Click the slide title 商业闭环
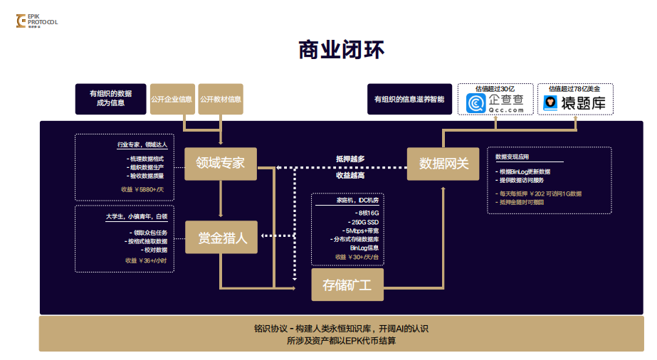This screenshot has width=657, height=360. tap(342, 50)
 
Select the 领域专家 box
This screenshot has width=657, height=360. tap(221, 163)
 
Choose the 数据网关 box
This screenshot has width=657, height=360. tap(444, 164)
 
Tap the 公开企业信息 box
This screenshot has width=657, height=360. tap(171, 99)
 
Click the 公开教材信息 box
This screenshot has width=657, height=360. tap(220, 99)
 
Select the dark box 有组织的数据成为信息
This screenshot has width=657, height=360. tap(110, 99)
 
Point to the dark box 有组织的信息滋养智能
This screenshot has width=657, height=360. tap(409, 99)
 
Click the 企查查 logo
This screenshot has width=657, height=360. tap(495, 104)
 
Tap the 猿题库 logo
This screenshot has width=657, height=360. tap(575, 104)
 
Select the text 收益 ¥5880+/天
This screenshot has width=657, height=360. tap(142, 189)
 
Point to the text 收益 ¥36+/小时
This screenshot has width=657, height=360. tap(146, 260)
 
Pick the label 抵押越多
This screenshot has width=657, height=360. tap(350, 159)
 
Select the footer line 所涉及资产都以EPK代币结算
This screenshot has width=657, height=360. tap(341, 340)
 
